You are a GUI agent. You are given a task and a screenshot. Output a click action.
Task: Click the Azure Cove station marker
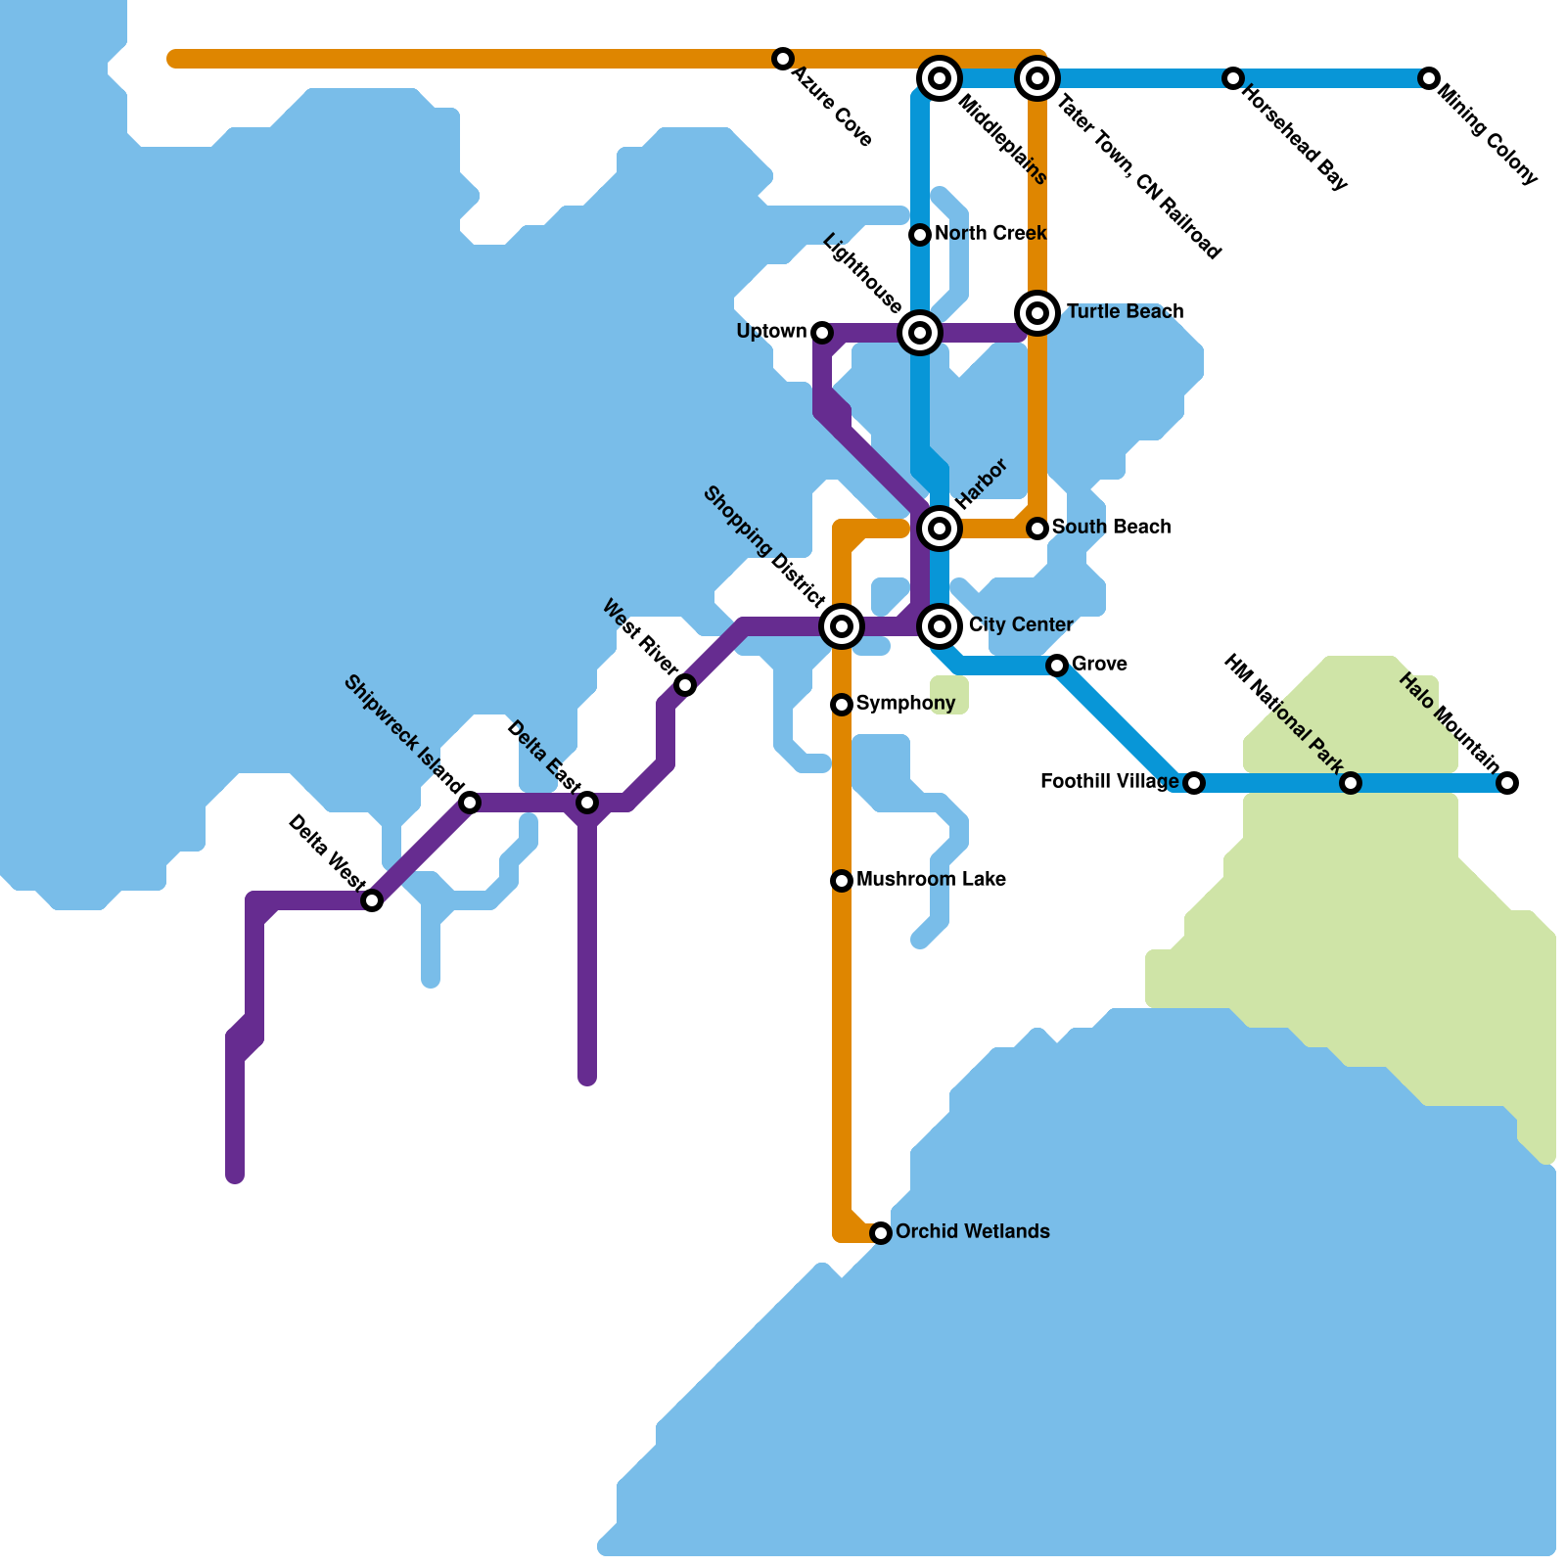pos(782,59)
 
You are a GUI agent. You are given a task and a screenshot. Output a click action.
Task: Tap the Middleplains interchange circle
pos(940,77)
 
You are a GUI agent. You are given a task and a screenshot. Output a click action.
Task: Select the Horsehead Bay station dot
pos(1233,78)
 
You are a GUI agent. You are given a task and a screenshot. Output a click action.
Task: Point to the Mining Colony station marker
pos(1429,78)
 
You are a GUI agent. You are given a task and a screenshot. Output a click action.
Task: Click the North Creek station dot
pos(919,235)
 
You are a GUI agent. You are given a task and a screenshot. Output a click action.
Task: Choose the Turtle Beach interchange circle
pos(1037,313)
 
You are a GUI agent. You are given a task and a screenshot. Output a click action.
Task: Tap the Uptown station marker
pos(822,333)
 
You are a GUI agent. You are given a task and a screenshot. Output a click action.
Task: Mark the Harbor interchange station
pos(940,529)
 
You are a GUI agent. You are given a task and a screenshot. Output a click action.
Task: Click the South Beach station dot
pos(1037,529)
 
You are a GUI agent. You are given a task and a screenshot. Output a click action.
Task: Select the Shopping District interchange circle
pos(842,625)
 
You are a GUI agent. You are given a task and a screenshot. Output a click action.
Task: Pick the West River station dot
pos(685,685)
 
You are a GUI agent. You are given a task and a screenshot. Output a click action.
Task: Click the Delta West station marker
pos(372,900)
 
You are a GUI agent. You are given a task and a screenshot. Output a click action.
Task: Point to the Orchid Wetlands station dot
pos(881,1233)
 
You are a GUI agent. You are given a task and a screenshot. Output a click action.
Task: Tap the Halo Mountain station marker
pos(1507,783)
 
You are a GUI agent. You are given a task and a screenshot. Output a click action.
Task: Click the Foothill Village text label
pos(1109,782)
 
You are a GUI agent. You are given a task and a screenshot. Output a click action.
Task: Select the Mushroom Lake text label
pos(931,880)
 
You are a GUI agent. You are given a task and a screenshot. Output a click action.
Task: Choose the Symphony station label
pos(905,704)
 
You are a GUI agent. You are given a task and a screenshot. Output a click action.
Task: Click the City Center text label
pos(1021,625)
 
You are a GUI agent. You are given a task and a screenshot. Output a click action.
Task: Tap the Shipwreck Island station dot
pos(470,803)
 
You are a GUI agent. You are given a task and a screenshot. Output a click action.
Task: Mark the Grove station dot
pos(1057,666)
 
